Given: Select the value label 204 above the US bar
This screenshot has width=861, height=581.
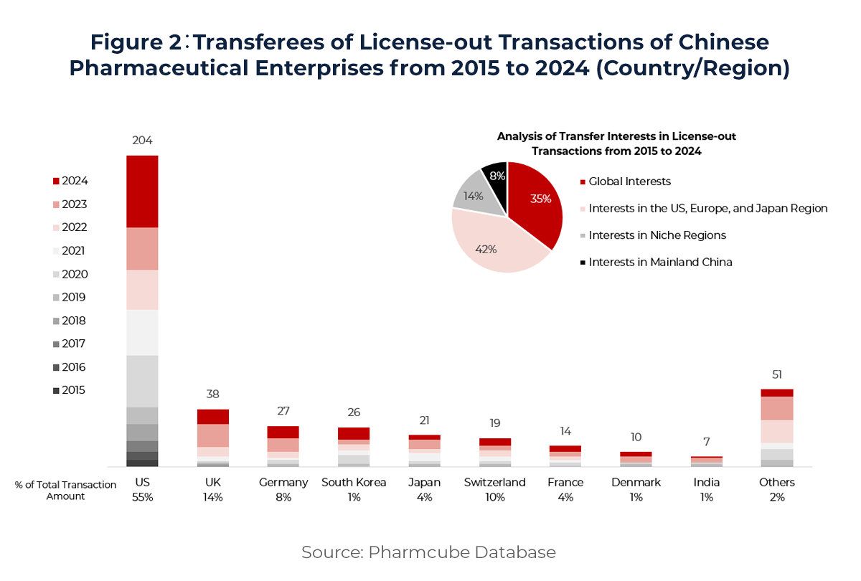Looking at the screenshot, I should click(x=142, y=141).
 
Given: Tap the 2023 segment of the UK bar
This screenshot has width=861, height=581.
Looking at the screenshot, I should click(x=213, y=435).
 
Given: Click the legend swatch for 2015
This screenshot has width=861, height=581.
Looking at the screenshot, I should click(x=57, y=391).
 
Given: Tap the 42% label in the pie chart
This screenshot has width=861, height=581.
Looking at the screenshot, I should click(x=486, y=250).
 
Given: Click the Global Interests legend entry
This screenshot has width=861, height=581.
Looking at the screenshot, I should click(x=629, y=182).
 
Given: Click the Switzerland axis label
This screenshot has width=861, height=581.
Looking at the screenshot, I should click(x=494, y=482).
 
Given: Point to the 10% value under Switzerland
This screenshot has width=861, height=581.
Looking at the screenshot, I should click(x=494, y=497).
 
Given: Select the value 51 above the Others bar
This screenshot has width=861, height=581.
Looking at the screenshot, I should click(x=777, y=374).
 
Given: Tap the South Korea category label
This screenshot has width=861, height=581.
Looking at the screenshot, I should click(x=354, y=482).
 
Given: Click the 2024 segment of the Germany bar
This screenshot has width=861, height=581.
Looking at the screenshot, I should click(x=283, y=432).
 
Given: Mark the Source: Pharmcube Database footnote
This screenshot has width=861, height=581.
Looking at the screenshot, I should click(x=428, y=552).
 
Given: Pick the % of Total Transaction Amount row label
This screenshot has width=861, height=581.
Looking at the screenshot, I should click(x=65, y=491).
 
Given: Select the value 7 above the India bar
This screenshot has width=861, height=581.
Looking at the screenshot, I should click(x=707, y=442).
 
